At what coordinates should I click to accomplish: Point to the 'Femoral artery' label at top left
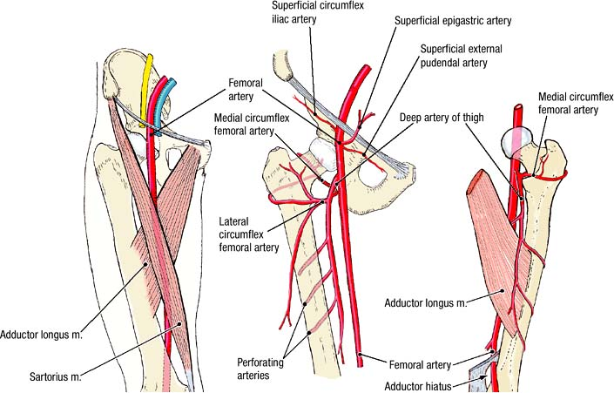(246, 87)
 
